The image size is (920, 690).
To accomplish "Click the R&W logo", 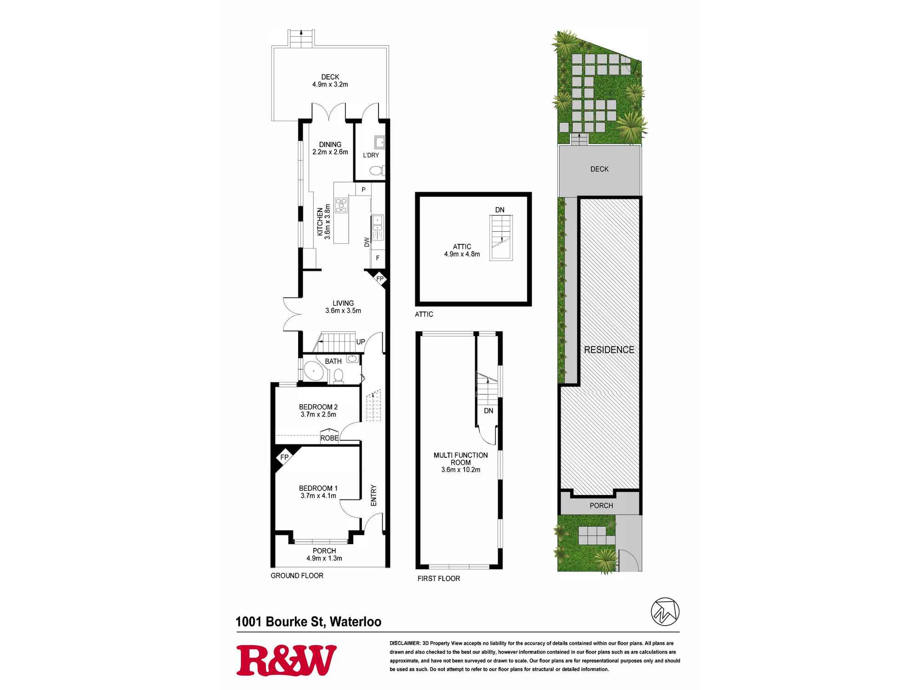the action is (x=286, y=660).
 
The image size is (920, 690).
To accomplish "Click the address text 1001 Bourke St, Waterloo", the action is (x=308, y=622).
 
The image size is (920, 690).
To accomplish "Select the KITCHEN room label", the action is (x=320, y=222).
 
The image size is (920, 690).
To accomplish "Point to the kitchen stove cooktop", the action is (x=341, y=205).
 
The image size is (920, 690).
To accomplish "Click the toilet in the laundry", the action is (x=377, y=171).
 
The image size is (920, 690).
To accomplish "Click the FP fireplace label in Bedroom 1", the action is (x=284, y=457).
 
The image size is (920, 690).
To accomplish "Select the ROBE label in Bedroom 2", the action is (x=329, y=438).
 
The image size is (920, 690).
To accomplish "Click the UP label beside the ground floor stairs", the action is (x=361, y=342).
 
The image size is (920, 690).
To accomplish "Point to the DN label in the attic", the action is (x=500, y=210).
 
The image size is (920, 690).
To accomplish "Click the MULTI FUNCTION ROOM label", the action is (x=460, y=459).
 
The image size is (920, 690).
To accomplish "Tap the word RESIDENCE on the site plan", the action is (x=609, y=350).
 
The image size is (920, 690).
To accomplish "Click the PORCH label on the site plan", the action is (x=601, y=506).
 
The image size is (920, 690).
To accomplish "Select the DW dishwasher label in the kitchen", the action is (x=367, y=242).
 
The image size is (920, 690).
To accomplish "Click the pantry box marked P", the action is (x=363, y=190).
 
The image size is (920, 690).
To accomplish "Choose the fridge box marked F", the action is (x=378, y=258).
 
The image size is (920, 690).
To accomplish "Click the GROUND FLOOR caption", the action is (x=297, y=575).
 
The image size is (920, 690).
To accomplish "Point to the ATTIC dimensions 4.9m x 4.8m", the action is (x=462, y=254).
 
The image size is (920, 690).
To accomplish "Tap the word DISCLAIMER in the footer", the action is (x=404, y=643).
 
